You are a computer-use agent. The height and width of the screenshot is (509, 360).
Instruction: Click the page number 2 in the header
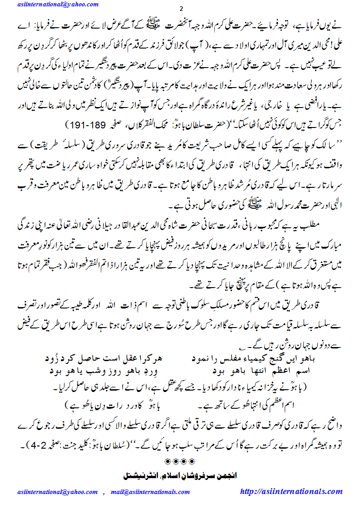(x=182, y=10)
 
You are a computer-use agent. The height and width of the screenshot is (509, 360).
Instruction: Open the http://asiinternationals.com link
(x=291, y=491)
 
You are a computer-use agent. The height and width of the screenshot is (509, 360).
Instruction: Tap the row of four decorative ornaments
(x=181, y=461)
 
